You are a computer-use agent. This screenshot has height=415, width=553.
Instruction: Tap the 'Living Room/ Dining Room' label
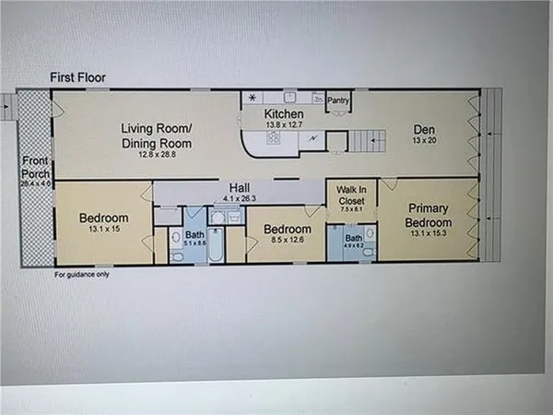156,136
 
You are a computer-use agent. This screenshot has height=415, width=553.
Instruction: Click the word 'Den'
424,130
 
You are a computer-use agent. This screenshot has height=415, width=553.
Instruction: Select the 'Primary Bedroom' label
430,215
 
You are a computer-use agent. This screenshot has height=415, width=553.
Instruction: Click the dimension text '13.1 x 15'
102,231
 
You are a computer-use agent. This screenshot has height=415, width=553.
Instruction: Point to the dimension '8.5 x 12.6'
280,242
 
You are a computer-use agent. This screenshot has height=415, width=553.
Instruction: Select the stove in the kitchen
275,138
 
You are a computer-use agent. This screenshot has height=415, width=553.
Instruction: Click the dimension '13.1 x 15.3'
429,234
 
